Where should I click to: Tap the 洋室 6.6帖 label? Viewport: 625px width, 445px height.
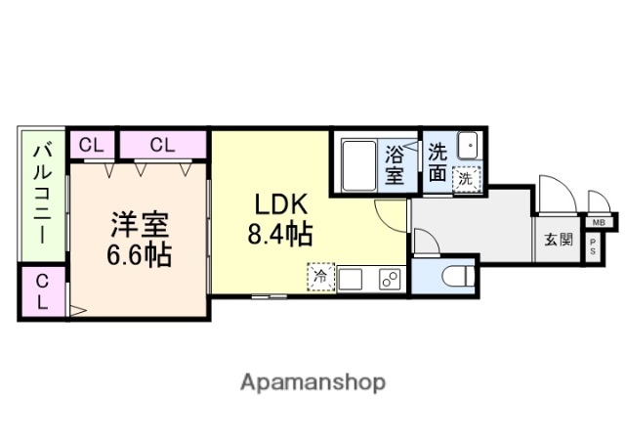pyautogui.click(x=139, y=239)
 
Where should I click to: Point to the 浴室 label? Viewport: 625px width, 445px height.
pyautogui.click(x=395, y=164)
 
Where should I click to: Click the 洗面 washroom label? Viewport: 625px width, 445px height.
pyautogui.click(x=438, y=162)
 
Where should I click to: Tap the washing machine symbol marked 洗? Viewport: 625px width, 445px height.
pyautogui.click(x=469, y=178)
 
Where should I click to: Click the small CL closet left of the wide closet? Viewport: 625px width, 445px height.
pyautogui.click(x=91, y=145)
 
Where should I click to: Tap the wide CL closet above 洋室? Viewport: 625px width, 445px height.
pyautogui.click(x=162, y=145)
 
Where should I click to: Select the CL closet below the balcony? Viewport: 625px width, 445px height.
pyautogui.click(x=42, y=291)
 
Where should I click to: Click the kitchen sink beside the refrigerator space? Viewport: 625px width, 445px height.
pyautogui.click(x=352, y=279)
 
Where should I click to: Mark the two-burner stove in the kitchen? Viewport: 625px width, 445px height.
pyautogui.click(x=388, y=279)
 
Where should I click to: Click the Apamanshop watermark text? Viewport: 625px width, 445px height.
pyautogui.click(x=312, y=380)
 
